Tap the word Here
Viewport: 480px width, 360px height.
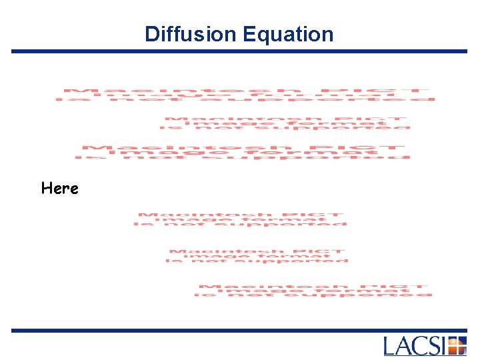click(x=59, y=188)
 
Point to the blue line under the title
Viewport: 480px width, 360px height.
click(x=239, y=51)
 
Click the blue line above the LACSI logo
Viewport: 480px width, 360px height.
click(x=239, y=330)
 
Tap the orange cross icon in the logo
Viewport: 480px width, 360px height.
click(x=457, y=346)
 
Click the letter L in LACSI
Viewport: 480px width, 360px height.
click(x=391, y=346)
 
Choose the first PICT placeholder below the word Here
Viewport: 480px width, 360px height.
click(x=241, y=219)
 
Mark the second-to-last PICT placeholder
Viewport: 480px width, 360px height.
click(x=257, y=256)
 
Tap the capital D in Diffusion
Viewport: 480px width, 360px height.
click(x=151, y=34)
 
